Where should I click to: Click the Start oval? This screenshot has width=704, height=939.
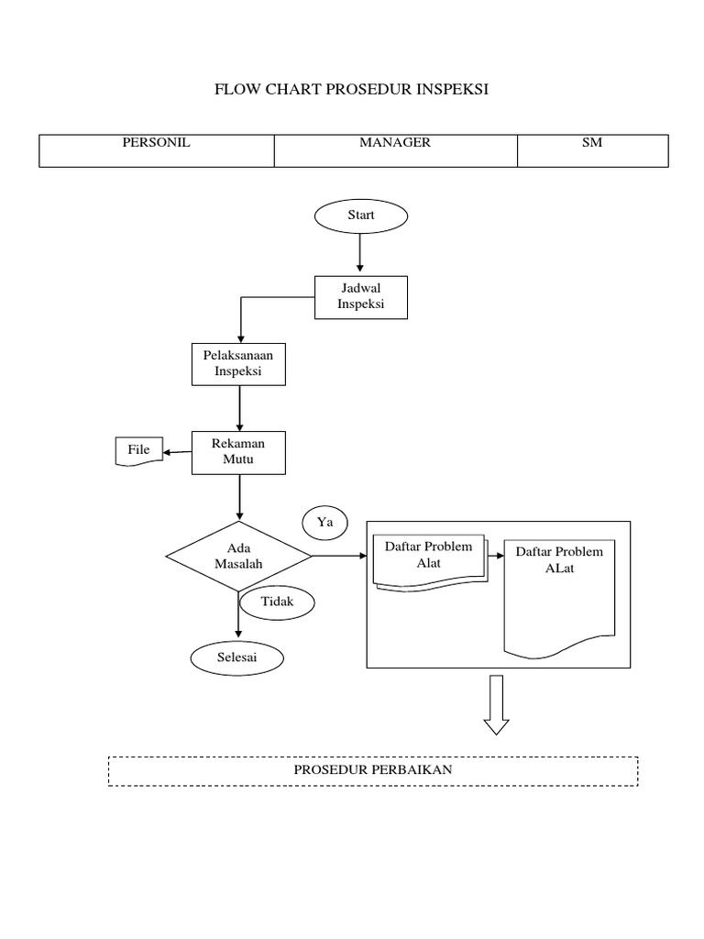tap(361, 215)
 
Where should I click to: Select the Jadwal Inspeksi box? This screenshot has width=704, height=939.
tap(360, 297)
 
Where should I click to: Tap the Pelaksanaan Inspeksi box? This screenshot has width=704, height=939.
tap(238, 363)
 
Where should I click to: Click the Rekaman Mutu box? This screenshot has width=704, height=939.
tap(238, 452)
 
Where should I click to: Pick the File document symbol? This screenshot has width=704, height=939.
tap(138, 451)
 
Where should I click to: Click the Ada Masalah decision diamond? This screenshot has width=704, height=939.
tap(238, 557)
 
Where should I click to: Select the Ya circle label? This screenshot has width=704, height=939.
tap(324, 523)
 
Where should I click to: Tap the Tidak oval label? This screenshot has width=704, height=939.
tap(277, 602)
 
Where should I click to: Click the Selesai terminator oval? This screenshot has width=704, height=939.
tap(237, 657)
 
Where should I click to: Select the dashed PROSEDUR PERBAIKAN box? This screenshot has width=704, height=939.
tap(373, 770)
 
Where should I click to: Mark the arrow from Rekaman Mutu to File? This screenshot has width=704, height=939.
tap(177, 451)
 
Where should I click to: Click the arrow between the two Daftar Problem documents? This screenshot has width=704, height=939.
tap(496, 556)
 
